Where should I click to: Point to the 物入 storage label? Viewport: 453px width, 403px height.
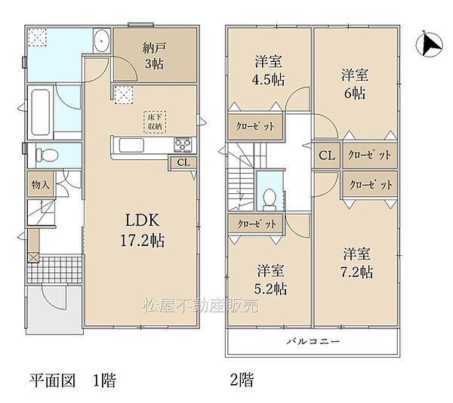point(41,184)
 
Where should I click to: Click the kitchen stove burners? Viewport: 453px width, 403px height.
point(183,143)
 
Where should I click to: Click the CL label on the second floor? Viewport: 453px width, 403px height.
point(327,155)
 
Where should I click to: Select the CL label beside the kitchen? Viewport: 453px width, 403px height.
point(183,161)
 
